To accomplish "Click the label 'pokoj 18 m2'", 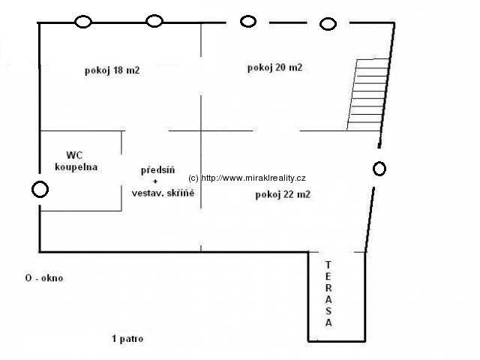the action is click(112, 70).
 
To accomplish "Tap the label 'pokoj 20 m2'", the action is click(274, 67).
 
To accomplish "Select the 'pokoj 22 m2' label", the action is click(283, 194).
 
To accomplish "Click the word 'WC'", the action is click(74, 155).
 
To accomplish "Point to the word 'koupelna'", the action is click(76, 167).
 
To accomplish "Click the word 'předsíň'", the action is click(157, 169).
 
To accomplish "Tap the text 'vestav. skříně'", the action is click(163, 193).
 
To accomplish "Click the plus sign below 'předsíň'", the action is click(155, 181).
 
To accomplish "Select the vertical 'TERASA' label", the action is click(328, 293).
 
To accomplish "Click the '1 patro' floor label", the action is click(127, 338).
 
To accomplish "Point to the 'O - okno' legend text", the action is click(44, 278).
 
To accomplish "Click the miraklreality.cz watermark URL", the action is click(247, 178).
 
